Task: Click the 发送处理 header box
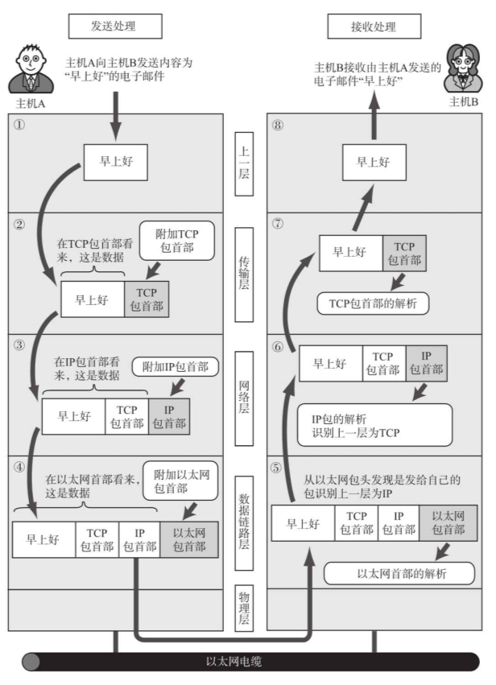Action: tap(114, 26)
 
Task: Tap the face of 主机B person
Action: tap(462, 66)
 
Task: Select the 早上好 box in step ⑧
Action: tap(375, 162)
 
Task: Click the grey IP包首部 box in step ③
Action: tap(169, 417)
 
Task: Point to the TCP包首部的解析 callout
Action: tap(372, 303)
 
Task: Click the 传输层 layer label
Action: tap(246, 274)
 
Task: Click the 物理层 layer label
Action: tap(246, 609)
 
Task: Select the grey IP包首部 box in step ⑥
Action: tap(427, 363)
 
